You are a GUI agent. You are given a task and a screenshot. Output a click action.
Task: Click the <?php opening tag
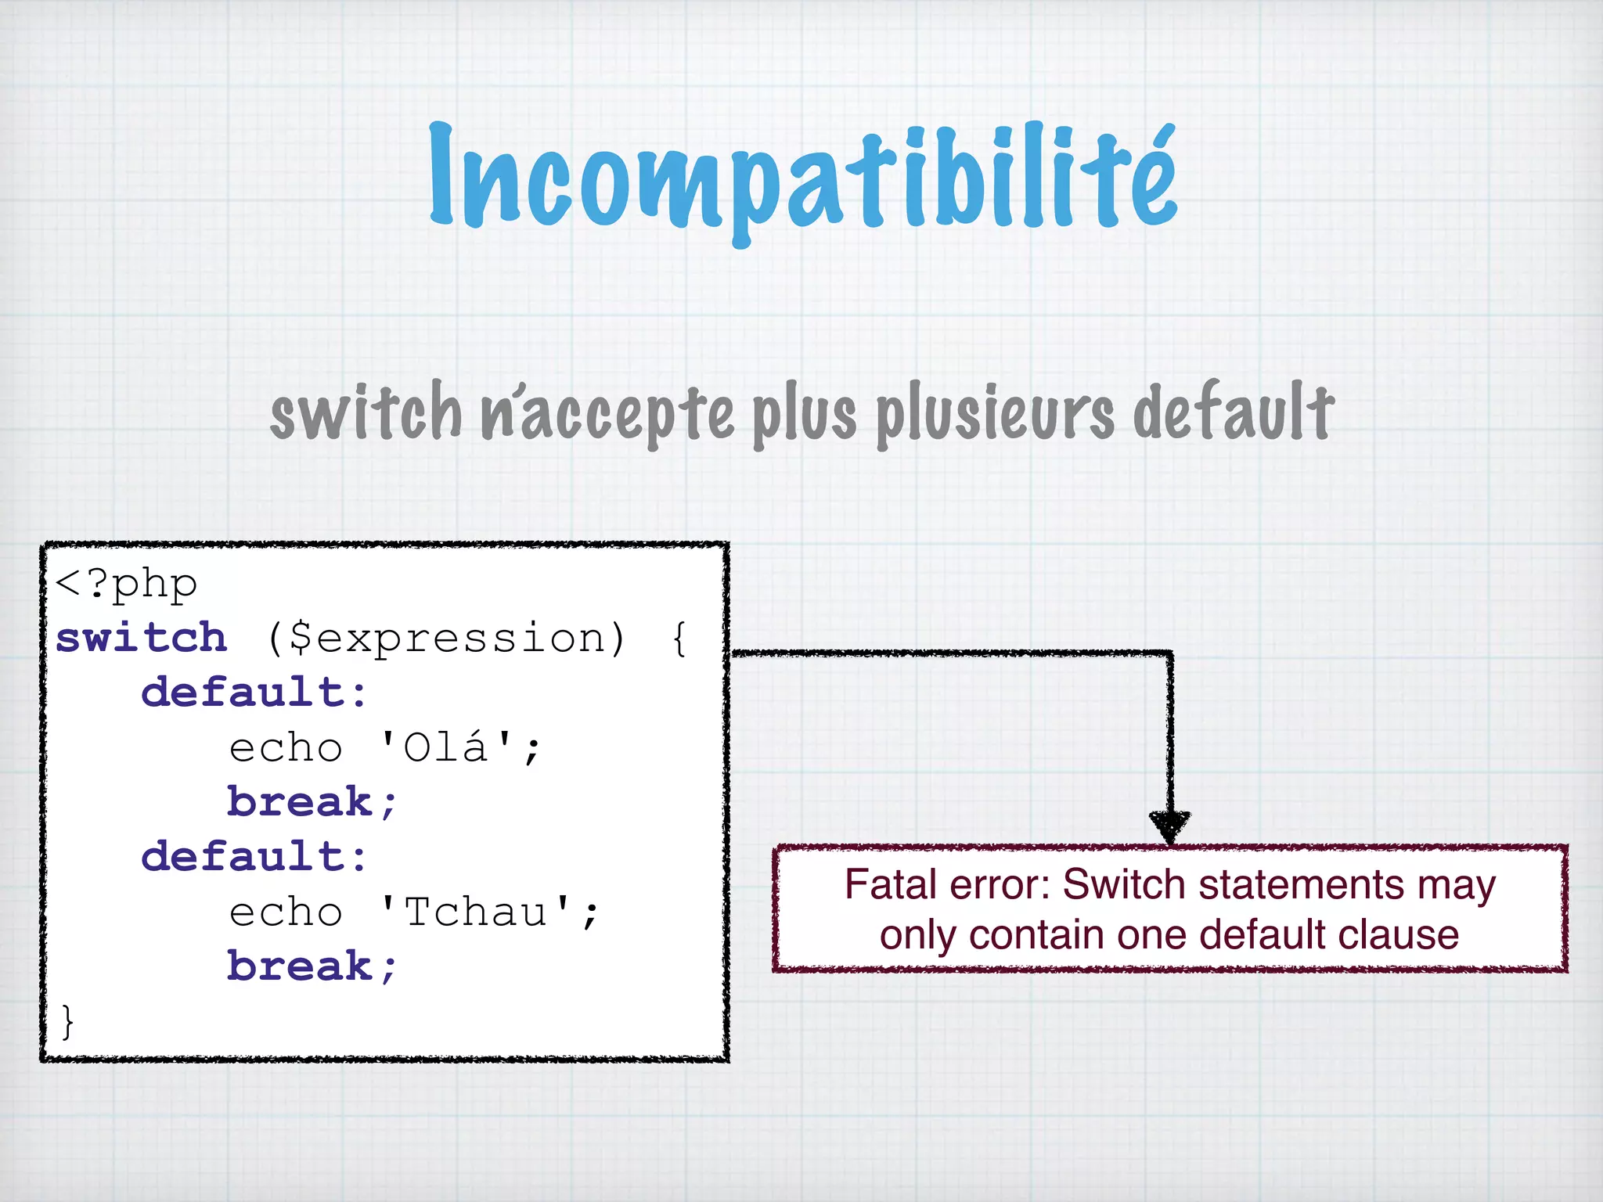(126, 584)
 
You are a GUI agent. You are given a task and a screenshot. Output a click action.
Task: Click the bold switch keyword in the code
(142, 638)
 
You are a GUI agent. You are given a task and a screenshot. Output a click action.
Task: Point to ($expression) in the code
(446, 639)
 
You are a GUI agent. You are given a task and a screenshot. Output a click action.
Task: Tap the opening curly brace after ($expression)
(679, 639)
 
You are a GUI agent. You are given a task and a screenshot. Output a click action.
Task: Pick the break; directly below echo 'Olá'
(312, 802)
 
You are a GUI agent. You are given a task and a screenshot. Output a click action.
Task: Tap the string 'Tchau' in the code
(476, 912)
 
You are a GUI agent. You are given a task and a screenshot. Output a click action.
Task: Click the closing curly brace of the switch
(67, 1021)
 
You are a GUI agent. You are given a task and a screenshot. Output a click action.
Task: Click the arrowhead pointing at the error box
(1169, 826)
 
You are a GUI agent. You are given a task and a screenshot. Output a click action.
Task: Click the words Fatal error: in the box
(949, 885)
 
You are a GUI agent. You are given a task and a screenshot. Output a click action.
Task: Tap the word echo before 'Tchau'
(286, 912)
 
